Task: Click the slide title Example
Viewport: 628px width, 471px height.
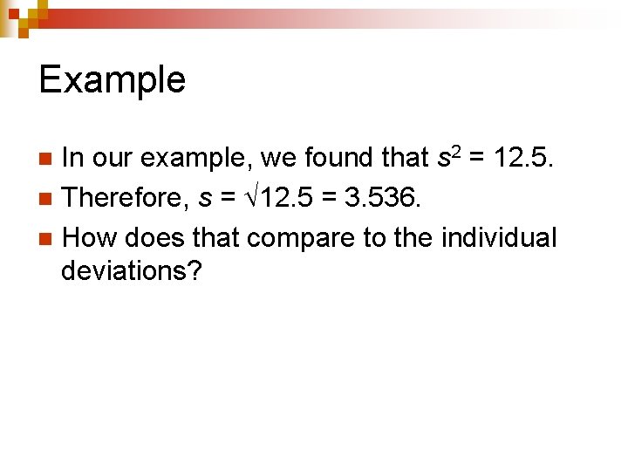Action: (113, 80)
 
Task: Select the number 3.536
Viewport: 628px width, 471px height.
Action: (383, 198)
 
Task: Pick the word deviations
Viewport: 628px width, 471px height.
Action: (131, 271)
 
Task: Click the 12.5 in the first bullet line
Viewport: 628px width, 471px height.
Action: (524, 158)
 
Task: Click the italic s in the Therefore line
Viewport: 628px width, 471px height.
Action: (204, 200)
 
